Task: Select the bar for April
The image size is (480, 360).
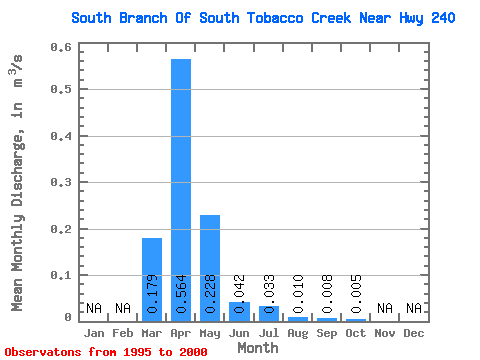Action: pyautogui.click(x=181, y=190)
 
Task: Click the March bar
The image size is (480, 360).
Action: pyautogui.click(x=152, y=280)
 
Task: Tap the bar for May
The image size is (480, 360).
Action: pyautogui.click(x=210, y=268)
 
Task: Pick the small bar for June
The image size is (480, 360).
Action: pyautogui.click(x=239, y=312)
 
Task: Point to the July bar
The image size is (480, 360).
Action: pyautogui.click(x=269, y=314)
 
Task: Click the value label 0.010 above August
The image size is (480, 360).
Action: pyautogui.click(x=298, y=294)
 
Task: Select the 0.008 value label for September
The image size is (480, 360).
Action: pyautogui.click(x=327, y=294)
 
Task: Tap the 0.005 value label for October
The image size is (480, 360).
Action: pyautogui.click(x=356, y=294)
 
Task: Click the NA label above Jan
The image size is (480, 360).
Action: pyautogui.click(x=94, y=308)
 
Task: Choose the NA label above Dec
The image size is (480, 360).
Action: pyautogui.click(x=414, y=308)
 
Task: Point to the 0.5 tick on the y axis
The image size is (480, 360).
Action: pyautogui.click(x=61, y=89)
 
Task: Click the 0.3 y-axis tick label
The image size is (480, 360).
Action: pyautogui.click(x=61, y=182)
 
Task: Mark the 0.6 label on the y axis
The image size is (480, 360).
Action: pyautogui.click(x=61, y=47)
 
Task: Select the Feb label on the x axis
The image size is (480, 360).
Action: pyautogui.click(x=123, y=333)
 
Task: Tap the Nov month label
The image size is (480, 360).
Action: pyautogui.click(x=385, y=333)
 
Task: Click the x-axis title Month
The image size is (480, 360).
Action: pyautogui.click(x=258, y=348)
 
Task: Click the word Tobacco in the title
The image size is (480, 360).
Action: pyautogui.click(x=275, y=18)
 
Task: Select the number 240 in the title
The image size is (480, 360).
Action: pyautogui.click(x=443, y=18)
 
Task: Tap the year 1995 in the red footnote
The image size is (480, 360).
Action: pyautogui.click(x=137, y=352)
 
